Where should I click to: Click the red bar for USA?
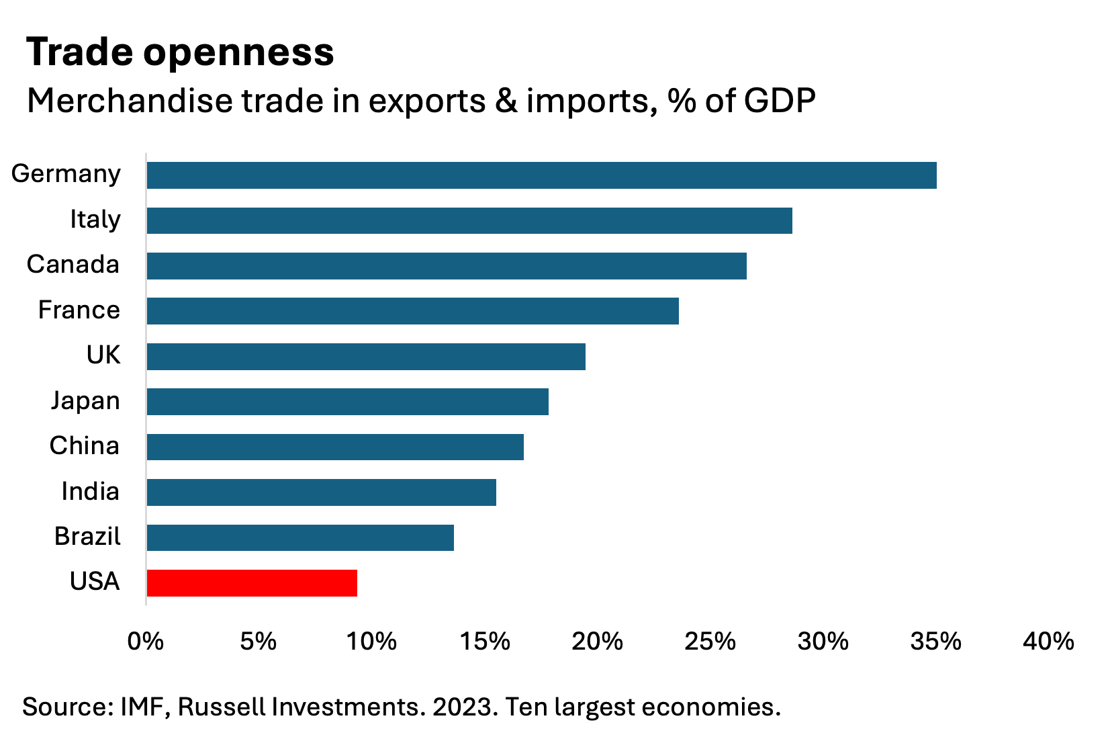point(252,582)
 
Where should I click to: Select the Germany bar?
point(541,175)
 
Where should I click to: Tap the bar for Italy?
point(469,220)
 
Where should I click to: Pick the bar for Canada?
point(447,265)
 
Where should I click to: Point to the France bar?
point(412,311)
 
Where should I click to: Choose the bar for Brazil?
point(300,537)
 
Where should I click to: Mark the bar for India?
point(321,492)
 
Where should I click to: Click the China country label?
point(84,445)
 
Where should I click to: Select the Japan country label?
point(85,400)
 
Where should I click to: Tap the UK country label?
point(103,355)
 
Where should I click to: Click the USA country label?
point(95,581)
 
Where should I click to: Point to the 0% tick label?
point(145,642)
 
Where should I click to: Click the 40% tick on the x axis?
point(1048,642)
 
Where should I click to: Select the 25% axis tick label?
point(710,642)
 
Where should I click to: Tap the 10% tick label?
point(371,642)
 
